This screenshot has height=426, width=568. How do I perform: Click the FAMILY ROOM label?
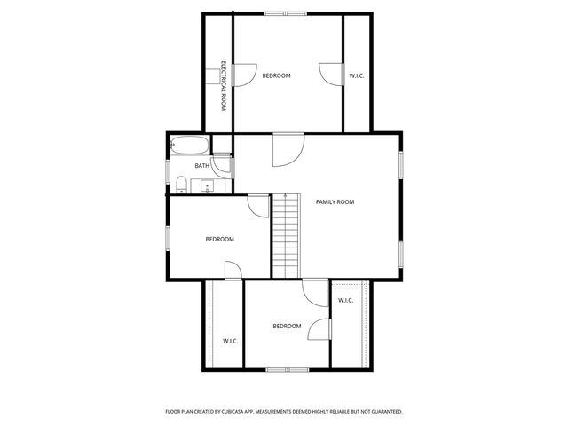point(335,202)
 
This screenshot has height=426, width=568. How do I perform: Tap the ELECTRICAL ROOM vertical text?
point(224,85)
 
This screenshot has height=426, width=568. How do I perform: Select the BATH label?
point(202,166)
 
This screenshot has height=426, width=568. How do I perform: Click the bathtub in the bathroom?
point(189,146)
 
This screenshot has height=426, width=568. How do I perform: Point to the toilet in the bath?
point(181,185)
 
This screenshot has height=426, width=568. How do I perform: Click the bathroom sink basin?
point(207,186)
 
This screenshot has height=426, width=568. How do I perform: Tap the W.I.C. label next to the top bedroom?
point(357,75)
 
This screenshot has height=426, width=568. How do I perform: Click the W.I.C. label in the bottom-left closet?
point(230,341)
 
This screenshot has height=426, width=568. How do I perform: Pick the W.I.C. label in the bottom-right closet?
point(346,300)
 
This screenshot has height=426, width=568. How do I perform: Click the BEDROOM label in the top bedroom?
point(276,75)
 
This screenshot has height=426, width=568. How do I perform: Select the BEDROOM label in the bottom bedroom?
point(287,326)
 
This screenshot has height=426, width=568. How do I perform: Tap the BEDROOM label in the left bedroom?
point(219,239)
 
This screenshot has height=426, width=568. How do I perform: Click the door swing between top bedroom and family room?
point(288,150)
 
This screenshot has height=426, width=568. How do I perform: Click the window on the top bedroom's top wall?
point(286,13)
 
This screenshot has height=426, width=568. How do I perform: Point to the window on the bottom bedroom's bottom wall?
point(287,368)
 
